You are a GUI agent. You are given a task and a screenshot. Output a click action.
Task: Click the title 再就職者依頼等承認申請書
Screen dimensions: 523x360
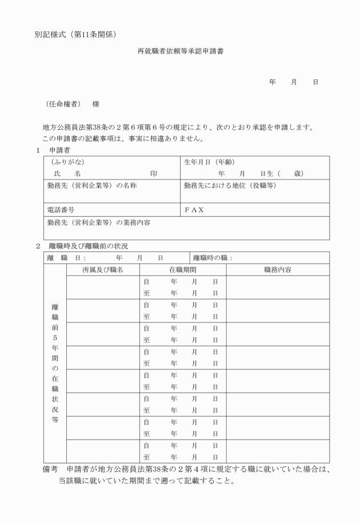pos(180,51)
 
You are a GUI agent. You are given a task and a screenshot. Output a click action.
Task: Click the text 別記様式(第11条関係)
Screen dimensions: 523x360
pos(76,35)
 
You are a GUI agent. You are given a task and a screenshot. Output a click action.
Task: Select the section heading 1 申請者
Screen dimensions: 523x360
pos(53,150)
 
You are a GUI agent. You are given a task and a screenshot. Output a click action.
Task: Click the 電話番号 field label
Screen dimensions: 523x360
pos(61,210)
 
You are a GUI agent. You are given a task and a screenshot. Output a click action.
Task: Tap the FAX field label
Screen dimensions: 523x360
pos(194,210)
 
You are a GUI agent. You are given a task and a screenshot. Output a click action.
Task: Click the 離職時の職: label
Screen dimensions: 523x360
pos(213,258)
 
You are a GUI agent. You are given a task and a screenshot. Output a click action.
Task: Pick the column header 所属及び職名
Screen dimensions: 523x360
pos(103,270)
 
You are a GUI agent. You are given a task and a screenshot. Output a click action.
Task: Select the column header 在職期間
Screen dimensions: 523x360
pos(182,270)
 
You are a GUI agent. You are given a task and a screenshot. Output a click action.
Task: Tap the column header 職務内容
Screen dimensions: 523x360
pos(278,270)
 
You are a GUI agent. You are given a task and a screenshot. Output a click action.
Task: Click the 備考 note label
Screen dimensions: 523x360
pos(50,469)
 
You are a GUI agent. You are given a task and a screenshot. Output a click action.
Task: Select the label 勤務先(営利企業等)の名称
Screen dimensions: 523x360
pos(92,186)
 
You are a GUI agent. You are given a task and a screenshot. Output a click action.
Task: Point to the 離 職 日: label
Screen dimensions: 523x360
pos(67,258)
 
